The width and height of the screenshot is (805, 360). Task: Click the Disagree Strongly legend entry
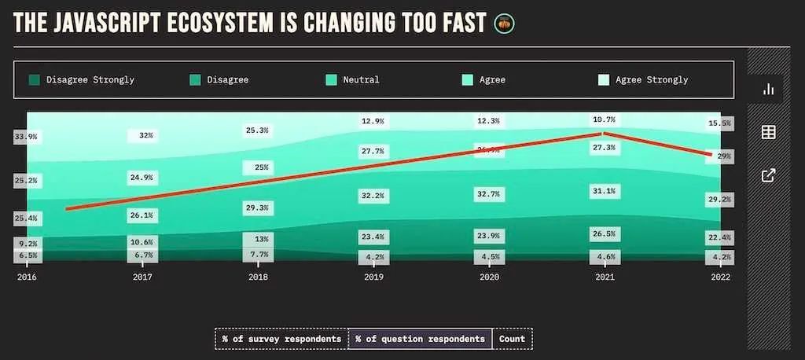[x=82, y=79]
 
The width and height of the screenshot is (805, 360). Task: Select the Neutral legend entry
[x=353, y=79]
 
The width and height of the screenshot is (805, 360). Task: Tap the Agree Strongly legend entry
[x=644, y=79]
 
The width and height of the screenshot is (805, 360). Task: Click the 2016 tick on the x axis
[x=27, y=277]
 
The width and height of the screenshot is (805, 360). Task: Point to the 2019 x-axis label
[x=373, y=277]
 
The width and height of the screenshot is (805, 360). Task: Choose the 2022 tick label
[x=719, y=277]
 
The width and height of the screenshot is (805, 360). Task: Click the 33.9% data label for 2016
[x=26, y=138]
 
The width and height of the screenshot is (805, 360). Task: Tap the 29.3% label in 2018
[x=258, y=208]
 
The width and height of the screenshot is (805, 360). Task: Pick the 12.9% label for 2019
[x=373, y=121]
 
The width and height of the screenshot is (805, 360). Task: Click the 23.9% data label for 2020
[x=489, y=236]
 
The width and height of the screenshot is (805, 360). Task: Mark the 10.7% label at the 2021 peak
[x=605, y=120]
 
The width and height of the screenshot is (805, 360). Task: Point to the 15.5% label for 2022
[x=719, y=123]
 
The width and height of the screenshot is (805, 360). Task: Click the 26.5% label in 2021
[x=605, y=233]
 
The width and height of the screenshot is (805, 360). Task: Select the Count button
[x=513, y=339]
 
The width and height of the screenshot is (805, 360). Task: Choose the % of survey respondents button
[x=281, y=339]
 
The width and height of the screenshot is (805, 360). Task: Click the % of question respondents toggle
[x=420, y=339]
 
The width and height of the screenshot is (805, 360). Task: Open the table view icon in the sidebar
[x=768, y=132]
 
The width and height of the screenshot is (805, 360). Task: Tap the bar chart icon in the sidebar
[x=768, y=90]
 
